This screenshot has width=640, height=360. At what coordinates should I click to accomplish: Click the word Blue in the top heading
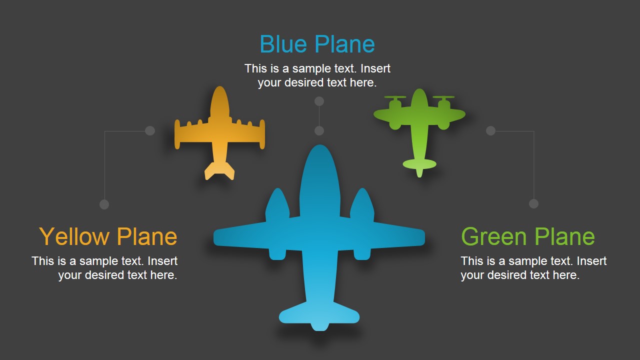pos(283,44)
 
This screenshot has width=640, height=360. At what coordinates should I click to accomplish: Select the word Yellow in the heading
pos(74,237)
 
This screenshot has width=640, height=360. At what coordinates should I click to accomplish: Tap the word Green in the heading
pos(494,236)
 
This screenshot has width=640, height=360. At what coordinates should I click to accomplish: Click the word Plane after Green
pos(564,236)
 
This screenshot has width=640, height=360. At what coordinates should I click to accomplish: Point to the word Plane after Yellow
pos(147,236)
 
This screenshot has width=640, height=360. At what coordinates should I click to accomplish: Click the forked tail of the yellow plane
pos(219,171)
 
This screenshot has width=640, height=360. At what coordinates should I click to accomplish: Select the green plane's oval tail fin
pos(419,164)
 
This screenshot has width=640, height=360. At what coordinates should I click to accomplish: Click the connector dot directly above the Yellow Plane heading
pos(104,204)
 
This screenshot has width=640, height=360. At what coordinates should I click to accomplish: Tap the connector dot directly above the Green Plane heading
pos(533,204)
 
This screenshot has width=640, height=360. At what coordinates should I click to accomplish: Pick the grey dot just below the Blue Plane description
pos(319,101)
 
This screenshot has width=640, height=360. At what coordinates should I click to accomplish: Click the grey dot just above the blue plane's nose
pos(319,131)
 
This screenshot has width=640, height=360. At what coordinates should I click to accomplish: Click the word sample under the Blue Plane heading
pos(311,69)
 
